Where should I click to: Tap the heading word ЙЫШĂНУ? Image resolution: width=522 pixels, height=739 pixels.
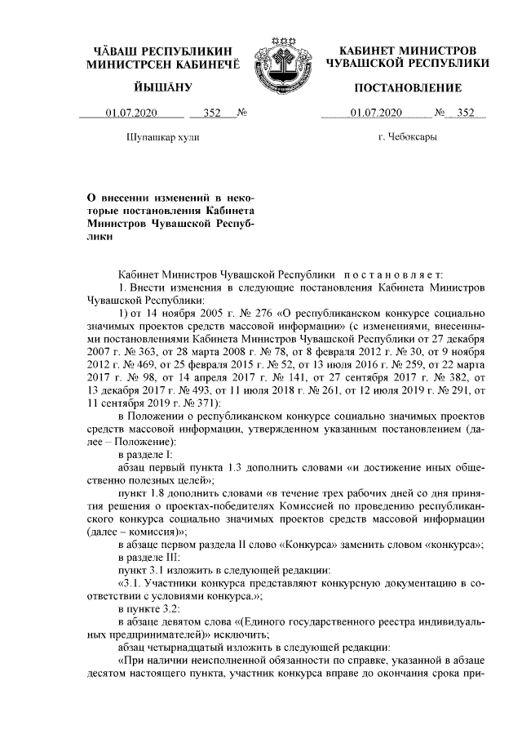161,87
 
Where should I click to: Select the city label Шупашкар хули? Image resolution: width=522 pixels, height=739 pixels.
161,136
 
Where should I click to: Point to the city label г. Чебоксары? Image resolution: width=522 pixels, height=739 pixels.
407,136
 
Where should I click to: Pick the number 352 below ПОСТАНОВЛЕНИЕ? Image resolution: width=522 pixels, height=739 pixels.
466,113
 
